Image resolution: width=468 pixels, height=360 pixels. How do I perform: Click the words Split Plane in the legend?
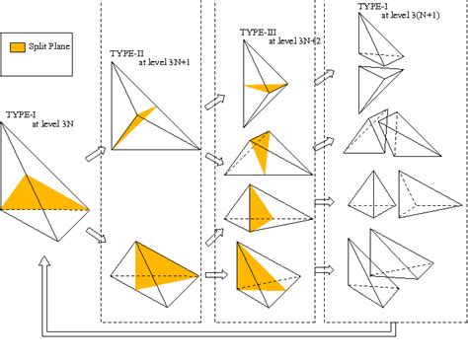click(50, 46)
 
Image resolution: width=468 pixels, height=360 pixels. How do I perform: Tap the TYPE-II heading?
click(127, 50)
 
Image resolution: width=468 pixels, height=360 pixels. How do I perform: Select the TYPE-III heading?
click(257, 32)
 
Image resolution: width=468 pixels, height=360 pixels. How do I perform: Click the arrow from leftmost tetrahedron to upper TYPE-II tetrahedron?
click(96, 153)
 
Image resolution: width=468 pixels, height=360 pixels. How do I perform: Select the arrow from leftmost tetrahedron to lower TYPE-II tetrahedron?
click(96, 234)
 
